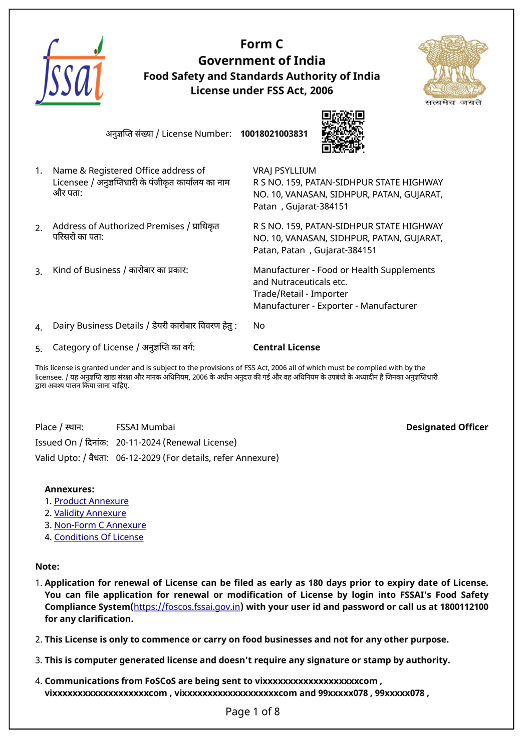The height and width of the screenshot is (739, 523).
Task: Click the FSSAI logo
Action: (x=70, y=72)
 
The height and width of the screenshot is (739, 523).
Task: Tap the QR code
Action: (x=343, y=132)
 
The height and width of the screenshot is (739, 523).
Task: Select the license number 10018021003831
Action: (x=274, y=134)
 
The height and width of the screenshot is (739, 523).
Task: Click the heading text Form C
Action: (x=261, y=44)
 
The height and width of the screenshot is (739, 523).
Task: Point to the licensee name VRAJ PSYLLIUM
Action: (x=285, y=171)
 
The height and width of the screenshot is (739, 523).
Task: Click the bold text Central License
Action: (x=287, y=347)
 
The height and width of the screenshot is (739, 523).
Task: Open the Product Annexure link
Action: (x=91, y=501)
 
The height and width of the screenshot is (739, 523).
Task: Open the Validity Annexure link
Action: (x=90, y=513)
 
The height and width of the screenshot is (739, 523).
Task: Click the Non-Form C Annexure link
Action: (x=100, y=525)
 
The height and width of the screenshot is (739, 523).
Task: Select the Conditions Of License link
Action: (x=99, y=537)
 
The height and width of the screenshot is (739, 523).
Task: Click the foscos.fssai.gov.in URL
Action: (x=187, y=607)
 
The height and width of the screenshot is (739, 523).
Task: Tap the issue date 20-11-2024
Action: (x=139, y=443)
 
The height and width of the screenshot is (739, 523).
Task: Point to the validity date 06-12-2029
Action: (x=138, y=458)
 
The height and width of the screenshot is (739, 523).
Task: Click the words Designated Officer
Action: (x=447, y=427)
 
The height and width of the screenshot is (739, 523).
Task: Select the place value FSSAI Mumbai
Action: (x=145, y=427)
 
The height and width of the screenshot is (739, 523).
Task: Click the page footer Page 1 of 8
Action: (x=252, y=711)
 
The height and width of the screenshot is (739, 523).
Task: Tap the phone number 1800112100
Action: (x=464, y=607)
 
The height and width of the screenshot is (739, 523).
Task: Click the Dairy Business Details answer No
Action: (x=259, y=326)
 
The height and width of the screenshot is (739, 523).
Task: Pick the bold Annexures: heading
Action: (x=70, y=489)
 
